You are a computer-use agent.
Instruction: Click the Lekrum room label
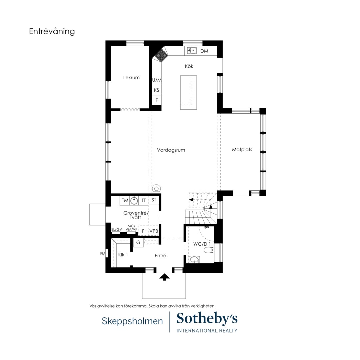(x=131, y=78)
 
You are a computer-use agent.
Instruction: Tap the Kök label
(x=189, y=66)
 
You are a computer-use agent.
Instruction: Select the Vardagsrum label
(x=171, y=150)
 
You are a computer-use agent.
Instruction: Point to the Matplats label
(x=242, y=150)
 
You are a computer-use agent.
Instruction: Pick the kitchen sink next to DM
(x=192, y=51)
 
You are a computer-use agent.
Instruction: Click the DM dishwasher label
(x=204, y=51)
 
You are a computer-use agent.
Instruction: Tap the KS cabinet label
(x=156, y=90)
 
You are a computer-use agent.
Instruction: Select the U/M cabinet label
(x=157, y=80)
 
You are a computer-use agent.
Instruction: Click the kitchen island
(x=188, y=92)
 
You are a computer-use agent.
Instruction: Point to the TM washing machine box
(x=125, y=200)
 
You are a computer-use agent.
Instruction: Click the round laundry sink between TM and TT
(x=134, y=201)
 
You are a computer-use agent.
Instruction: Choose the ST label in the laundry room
(x=154, y=200)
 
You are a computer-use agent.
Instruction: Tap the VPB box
(x=154, y=231)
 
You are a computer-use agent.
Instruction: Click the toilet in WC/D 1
(x=209, y=250)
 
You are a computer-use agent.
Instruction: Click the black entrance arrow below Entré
(x=165, y=277)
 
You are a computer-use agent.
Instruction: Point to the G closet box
(x=138, y=243)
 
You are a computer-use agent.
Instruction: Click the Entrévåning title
(x=52, y=31)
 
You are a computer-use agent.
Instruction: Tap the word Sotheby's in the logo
(x=207, y=319)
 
